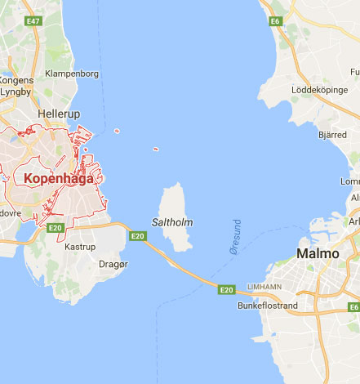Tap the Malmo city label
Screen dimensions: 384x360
(318, 253)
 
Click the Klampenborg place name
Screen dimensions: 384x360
(73, 74)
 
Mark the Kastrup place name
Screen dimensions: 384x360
(80, 246)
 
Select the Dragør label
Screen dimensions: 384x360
(113, 264)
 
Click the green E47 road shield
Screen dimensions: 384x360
(33, 20)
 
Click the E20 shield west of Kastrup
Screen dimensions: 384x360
(56, 228)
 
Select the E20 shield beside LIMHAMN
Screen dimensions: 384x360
(226, 289)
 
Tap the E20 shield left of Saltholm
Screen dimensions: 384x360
(138, 236)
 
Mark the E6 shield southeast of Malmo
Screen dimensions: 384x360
(353, 307)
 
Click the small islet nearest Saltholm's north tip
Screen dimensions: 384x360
(155, 150)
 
